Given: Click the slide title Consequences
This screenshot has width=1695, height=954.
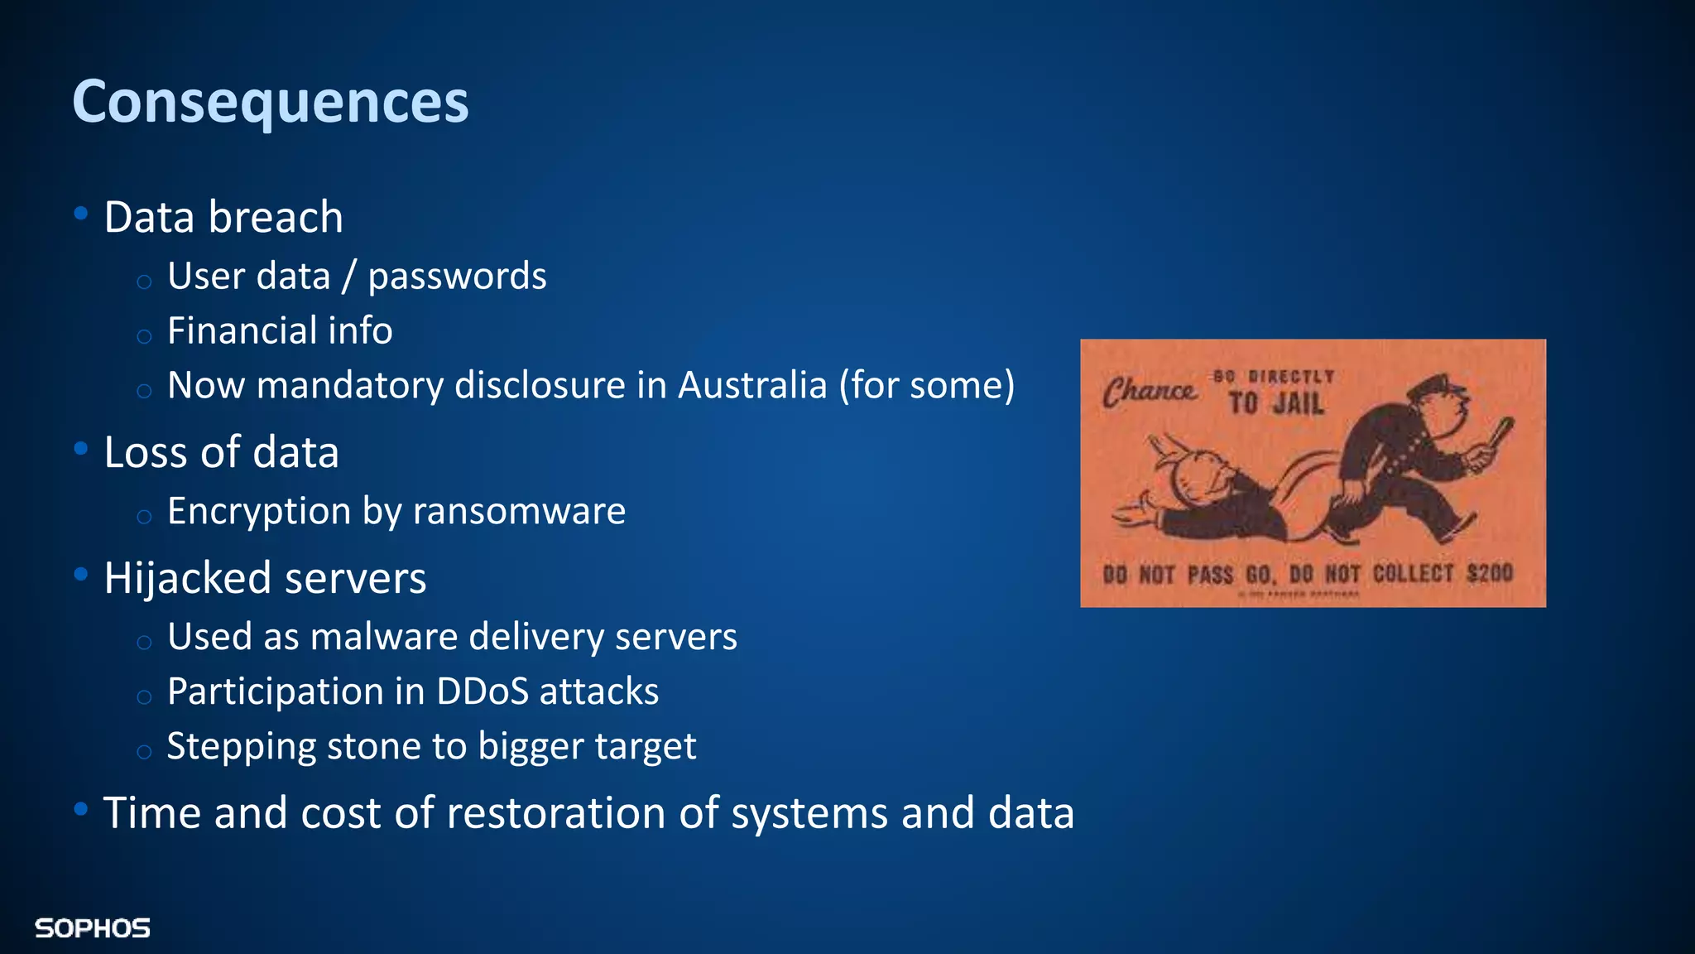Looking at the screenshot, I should (270, 102).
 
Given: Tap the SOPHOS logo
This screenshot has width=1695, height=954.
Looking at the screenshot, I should (92, 928).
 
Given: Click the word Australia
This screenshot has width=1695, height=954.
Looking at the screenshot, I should (752, 385).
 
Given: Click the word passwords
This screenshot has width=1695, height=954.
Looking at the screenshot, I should (457, 277).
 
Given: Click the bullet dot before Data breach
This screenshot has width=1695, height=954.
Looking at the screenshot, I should (80, 214).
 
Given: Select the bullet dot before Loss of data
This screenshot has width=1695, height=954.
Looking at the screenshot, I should (80, 449).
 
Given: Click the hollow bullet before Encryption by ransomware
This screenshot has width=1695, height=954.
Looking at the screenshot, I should (144, 517).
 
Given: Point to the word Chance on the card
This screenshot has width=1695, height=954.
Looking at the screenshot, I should (1149, 391).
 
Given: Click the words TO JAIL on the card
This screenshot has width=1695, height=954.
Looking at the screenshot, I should (1275, 403).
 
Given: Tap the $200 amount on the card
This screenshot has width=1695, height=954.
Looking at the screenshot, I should (1489, 573).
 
